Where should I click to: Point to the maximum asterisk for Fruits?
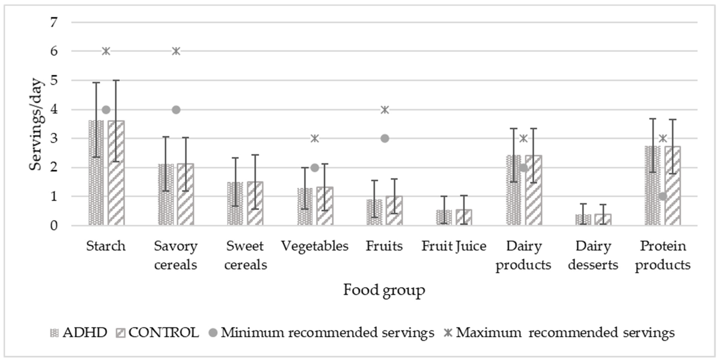point(385,110)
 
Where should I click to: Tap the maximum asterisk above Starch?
point(106,51)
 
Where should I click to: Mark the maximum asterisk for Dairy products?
point(524,138)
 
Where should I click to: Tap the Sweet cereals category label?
point(245,255)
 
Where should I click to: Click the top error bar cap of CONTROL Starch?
point(116,81)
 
